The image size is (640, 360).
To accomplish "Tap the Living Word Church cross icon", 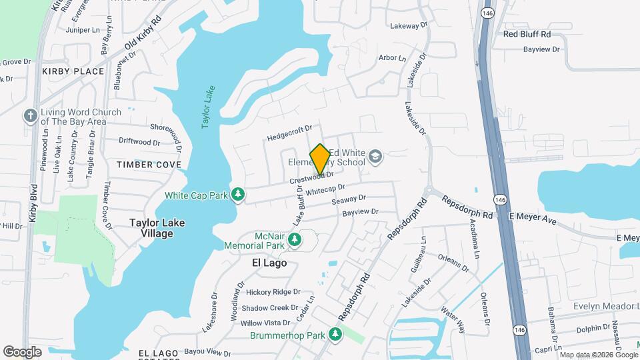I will click(x=30, y=116).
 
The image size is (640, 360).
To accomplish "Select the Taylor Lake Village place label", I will click(x=157, y=228).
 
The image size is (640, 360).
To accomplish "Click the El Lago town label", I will click(x=269, y=263).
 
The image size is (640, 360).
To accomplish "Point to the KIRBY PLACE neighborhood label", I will click(x=73, y=71).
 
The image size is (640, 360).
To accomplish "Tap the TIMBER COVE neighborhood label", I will click(x=149, y=164).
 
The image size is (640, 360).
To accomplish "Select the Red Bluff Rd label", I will click(x=527, y=34).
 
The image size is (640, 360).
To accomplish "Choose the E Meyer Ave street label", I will click(x=532, y=217).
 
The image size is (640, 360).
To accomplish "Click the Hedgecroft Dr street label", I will click(x=290, y=133).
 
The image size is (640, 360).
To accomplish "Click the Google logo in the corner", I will click(x=23, y=351).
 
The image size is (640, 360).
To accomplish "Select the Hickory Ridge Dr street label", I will click(x=273, y=292).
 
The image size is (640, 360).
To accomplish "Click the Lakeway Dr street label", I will click(x=408, y=25).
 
